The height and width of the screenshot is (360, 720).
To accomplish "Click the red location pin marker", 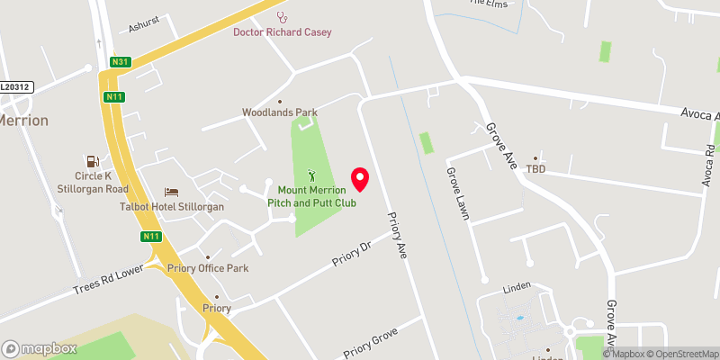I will coord(360,179).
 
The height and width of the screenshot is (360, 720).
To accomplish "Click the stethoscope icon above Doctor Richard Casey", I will coord(283,15).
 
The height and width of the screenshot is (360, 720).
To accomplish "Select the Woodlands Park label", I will coord(280,112).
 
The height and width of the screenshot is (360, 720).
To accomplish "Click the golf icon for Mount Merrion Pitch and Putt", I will coord(312,175).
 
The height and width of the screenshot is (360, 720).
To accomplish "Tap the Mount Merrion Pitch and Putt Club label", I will coord(312,197).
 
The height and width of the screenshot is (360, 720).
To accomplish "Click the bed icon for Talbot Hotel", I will coord(171,192).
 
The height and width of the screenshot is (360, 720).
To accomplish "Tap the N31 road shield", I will coord(119,61).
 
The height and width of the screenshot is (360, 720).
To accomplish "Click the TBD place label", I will coord(536,169).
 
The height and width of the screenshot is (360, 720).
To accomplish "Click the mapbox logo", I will coord(40,348).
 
